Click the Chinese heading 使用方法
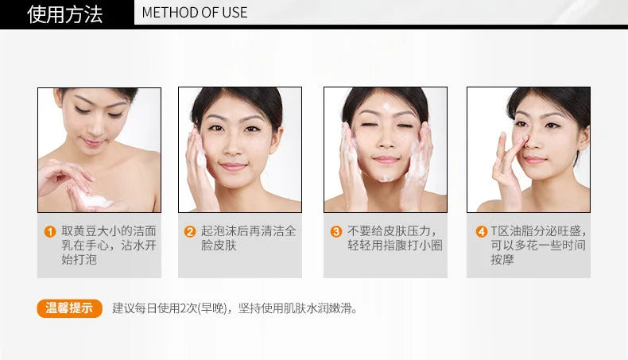coord(65,14)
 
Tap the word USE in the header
coord(235,13)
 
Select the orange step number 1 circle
coord(50,231)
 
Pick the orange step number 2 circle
coord(190,231)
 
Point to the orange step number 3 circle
coord(336,231)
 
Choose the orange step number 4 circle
coord(482,231)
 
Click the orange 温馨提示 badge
coord(70,308)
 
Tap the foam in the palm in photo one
coord(94,199)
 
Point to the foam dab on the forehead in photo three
coord(386,106)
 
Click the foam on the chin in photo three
coord(385,178)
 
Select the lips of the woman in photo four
coord(536,161)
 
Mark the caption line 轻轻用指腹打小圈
coord(395,245)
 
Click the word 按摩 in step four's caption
coord(502,260)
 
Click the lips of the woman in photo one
coord(91,142)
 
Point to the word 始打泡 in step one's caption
coord(79,260)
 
